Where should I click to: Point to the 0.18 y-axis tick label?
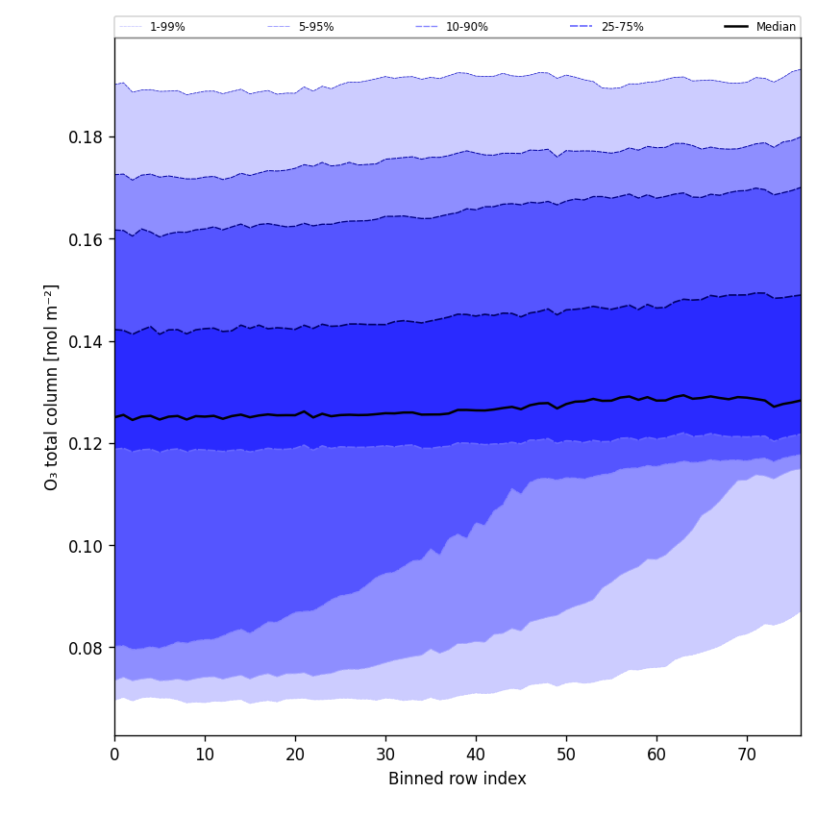tap(87, 137)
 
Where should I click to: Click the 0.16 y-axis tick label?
tap(87, 239)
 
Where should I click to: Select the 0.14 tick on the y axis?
tap(87, 341)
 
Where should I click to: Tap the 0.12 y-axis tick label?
tap(87, 444)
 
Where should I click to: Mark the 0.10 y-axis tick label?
tap(87, 546)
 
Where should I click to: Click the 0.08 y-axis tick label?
tap(87, 648)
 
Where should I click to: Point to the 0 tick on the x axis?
tap(114, 755)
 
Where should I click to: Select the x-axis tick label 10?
tap(205, 755)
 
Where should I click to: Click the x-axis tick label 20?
tap(295, 755)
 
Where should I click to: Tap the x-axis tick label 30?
tap(385, 755)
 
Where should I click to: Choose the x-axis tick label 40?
tap(476, 755)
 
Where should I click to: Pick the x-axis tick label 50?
tap(566, 755)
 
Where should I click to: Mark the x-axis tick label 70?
tap(747, 755)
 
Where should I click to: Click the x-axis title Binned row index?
tap(458, 780)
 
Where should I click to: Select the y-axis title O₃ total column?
tap(52, 386)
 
